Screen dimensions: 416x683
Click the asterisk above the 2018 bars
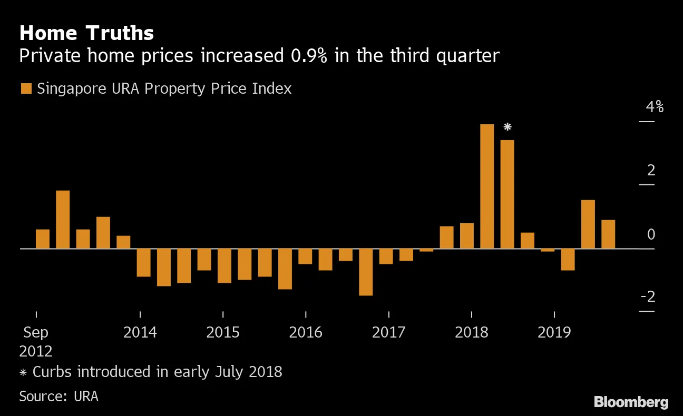pos(508,127)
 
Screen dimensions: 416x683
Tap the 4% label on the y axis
pos(655,107)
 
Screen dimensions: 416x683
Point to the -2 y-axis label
pos(648,297)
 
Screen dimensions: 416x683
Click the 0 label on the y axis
pos(651,234)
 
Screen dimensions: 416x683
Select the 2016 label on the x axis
pos(306,333)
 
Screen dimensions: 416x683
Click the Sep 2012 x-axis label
pos(36,341)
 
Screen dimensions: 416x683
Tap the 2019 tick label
pos(554,333)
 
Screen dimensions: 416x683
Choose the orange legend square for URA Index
pos(26,88)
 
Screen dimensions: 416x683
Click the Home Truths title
pos(86,34)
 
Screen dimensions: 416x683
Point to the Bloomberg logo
pos(631,402)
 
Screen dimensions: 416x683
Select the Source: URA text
pos(58,396)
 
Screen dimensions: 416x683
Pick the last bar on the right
pos(608,234)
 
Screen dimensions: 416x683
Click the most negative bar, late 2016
pos(366,272)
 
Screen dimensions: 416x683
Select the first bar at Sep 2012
pos(43,239)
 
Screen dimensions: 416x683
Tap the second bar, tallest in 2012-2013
pos(63,219)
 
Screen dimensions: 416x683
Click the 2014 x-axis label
pos(140,333)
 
